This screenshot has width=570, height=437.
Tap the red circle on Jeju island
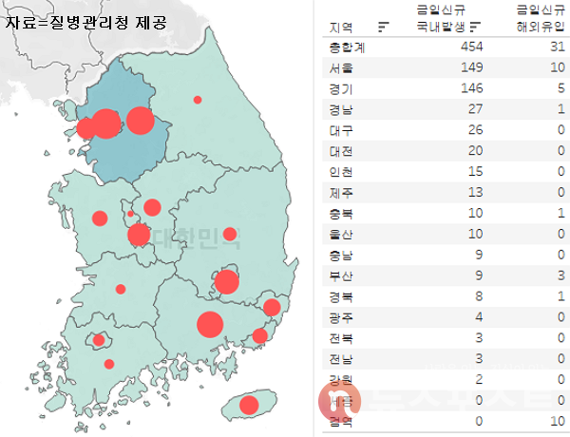coord(249,406)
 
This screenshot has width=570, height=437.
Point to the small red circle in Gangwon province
coord(198,99)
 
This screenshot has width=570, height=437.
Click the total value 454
coord(471,47)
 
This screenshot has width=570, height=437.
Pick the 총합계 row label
coord(341,47)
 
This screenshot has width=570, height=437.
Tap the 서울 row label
coord(339,67)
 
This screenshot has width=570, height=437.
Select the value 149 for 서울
coord(471,67)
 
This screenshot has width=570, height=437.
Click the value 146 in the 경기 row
coord(471,87)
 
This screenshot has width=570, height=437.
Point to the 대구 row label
coord(339,129)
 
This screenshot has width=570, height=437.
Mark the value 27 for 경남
coord(475,108)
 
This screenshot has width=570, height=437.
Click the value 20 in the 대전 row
coord(475,150)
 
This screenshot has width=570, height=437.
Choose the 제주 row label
coord(339,192)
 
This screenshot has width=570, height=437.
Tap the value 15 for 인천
coord(475,171)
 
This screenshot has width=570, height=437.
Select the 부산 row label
coord(339,275)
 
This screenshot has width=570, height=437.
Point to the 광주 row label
coord(339,317)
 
